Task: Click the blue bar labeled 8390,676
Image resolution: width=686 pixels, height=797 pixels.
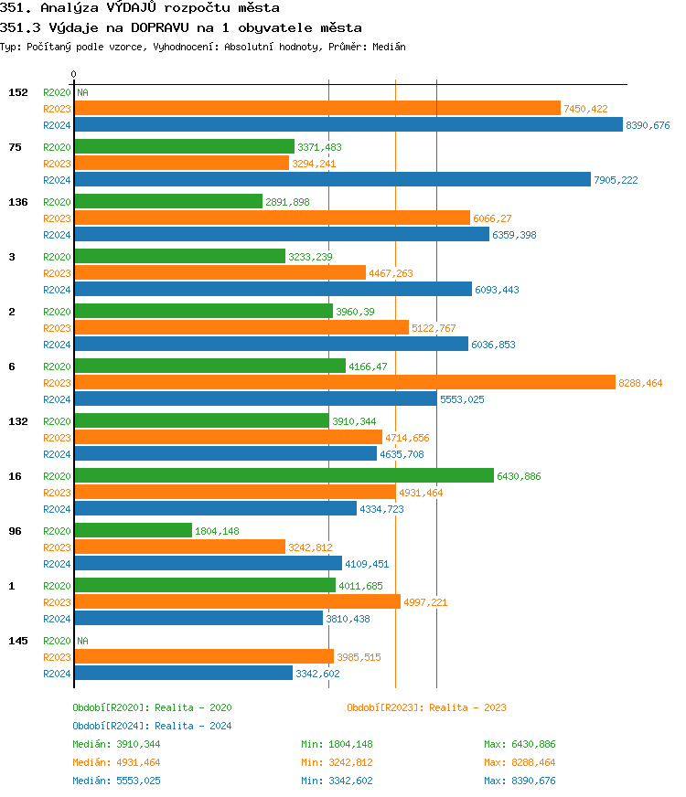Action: pyautogui.click(x=348, y=125)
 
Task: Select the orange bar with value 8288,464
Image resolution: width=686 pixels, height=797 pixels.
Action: pyautogui.click(x=344, y=383)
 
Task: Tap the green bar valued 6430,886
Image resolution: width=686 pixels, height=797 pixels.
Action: pyautogui.click(x=284, y=476)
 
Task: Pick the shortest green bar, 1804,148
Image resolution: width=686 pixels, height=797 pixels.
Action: pyautogui.click(x=133, y=531)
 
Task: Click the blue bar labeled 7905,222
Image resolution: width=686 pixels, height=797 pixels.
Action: pyautogui.click(x=332, y=180)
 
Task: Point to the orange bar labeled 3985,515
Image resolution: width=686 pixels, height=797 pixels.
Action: pyautogui.click(x=203, y=657)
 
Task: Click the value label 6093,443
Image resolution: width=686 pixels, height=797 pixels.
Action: pyautogui.click(x=497, y=290)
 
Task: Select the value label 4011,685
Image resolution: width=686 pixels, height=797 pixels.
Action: pyautogui.click(x=360, y=586)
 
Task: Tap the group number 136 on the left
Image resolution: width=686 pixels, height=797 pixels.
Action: pyautogui.click(x=17, y=202)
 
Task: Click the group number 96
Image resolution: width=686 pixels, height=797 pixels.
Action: pyautogui.click(x=15, y=531)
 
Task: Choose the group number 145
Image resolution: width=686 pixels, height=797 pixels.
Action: pyautogui.click(x=17, y=641)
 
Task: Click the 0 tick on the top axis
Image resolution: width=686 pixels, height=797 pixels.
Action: pyautogui.click(x=74, y=74)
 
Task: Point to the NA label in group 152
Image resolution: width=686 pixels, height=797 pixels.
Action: pyautogui.click(x=82, y=92)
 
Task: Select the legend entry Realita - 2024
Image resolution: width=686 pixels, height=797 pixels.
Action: pyautogui.click(x=193, y=726)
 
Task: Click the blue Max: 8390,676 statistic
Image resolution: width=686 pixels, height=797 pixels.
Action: pyautogui.click(x=520, y=781)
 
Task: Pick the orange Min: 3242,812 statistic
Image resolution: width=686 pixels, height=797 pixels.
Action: pyautogui.click(x=337, y=762)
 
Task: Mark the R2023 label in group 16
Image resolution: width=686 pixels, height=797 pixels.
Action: pyautogui.click(x=57, y=493)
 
